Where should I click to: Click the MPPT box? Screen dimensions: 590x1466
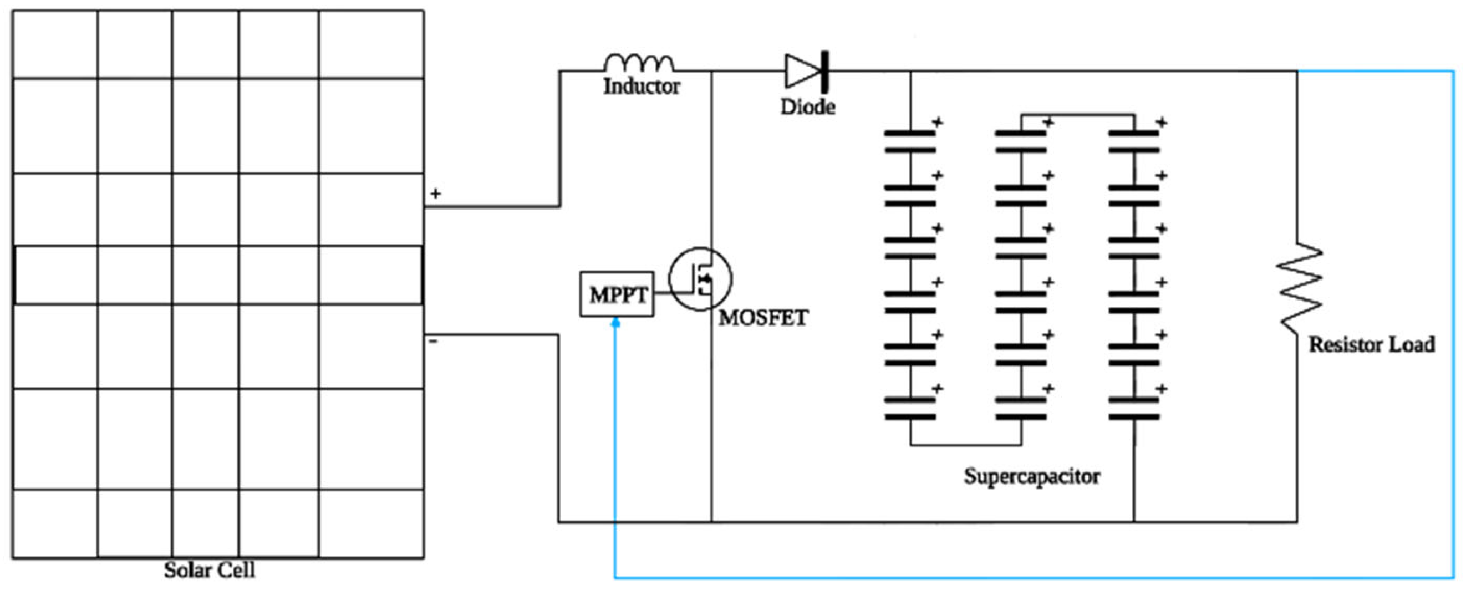617,294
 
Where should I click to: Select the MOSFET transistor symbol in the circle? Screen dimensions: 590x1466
700,279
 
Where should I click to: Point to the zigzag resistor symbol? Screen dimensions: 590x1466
1299,287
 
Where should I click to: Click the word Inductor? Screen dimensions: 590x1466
642,87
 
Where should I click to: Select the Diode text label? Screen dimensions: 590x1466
807,107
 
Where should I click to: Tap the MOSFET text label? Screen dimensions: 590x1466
762,318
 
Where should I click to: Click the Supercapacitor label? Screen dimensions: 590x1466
1031,476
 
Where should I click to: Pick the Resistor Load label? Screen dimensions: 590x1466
1372,344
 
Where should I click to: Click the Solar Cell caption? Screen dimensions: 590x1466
210,570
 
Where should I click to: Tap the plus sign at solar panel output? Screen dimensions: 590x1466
435,194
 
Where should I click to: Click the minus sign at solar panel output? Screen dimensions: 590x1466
433,342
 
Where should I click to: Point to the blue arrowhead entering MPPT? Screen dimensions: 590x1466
615,323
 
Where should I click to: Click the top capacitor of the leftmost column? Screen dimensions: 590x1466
909,141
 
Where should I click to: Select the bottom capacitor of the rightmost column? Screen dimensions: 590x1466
1134,409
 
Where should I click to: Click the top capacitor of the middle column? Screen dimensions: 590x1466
1021,141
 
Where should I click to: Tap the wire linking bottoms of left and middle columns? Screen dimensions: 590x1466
966,445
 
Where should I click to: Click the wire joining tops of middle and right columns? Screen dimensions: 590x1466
1078,115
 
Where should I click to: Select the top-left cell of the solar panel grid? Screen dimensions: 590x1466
55,44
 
